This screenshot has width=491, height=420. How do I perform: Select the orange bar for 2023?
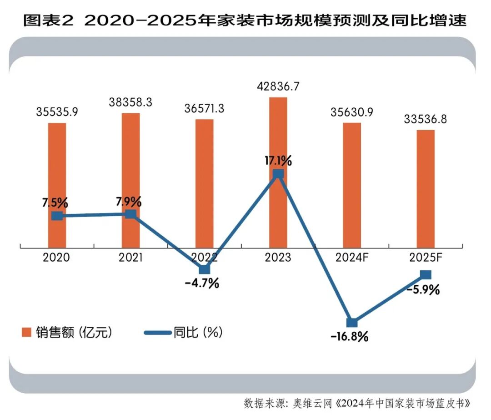(x=278, y=137)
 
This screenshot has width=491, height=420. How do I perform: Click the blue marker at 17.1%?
(x=278, y=174)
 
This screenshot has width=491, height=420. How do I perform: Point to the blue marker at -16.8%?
(x=352, y=323)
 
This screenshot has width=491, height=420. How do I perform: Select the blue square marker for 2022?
(x=205, y=269)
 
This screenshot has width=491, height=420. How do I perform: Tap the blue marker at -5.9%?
(x=426, y=274)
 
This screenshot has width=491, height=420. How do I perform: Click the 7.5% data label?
(x=55, y=201)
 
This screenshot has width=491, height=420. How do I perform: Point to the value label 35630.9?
(x=351, y=112)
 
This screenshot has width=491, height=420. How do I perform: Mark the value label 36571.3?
(x=204, y=109)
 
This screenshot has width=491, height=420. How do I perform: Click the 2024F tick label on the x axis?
(x=351, y=258)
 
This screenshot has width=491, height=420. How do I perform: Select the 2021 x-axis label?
(x=130, y=258)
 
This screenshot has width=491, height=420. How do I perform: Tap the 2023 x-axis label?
(x=278, y=258)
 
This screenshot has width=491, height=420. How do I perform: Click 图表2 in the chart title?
(x=48, y=20)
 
